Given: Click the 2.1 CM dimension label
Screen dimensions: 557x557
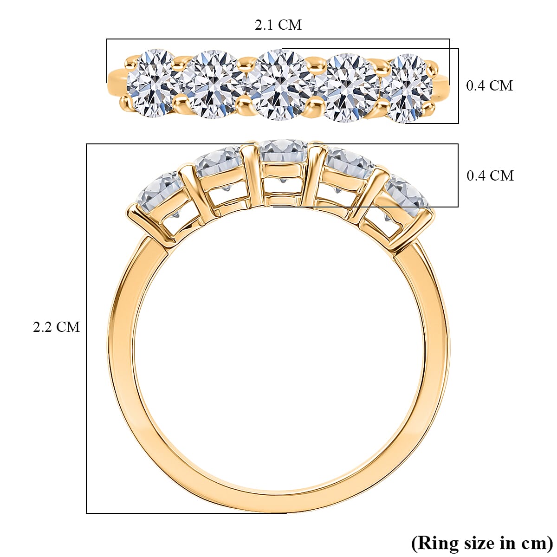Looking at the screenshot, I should coord(278,25).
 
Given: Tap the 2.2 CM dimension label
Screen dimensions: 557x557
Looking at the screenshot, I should coord(56,327).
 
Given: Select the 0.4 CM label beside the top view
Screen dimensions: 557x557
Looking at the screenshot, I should coord(489,86).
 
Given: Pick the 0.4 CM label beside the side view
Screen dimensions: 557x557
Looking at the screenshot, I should coord(490,176).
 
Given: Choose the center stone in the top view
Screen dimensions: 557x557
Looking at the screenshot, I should coord(279,84).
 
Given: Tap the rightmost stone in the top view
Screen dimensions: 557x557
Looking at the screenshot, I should coord(407,88).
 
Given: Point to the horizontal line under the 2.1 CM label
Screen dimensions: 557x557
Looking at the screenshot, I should coord(278,39).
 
